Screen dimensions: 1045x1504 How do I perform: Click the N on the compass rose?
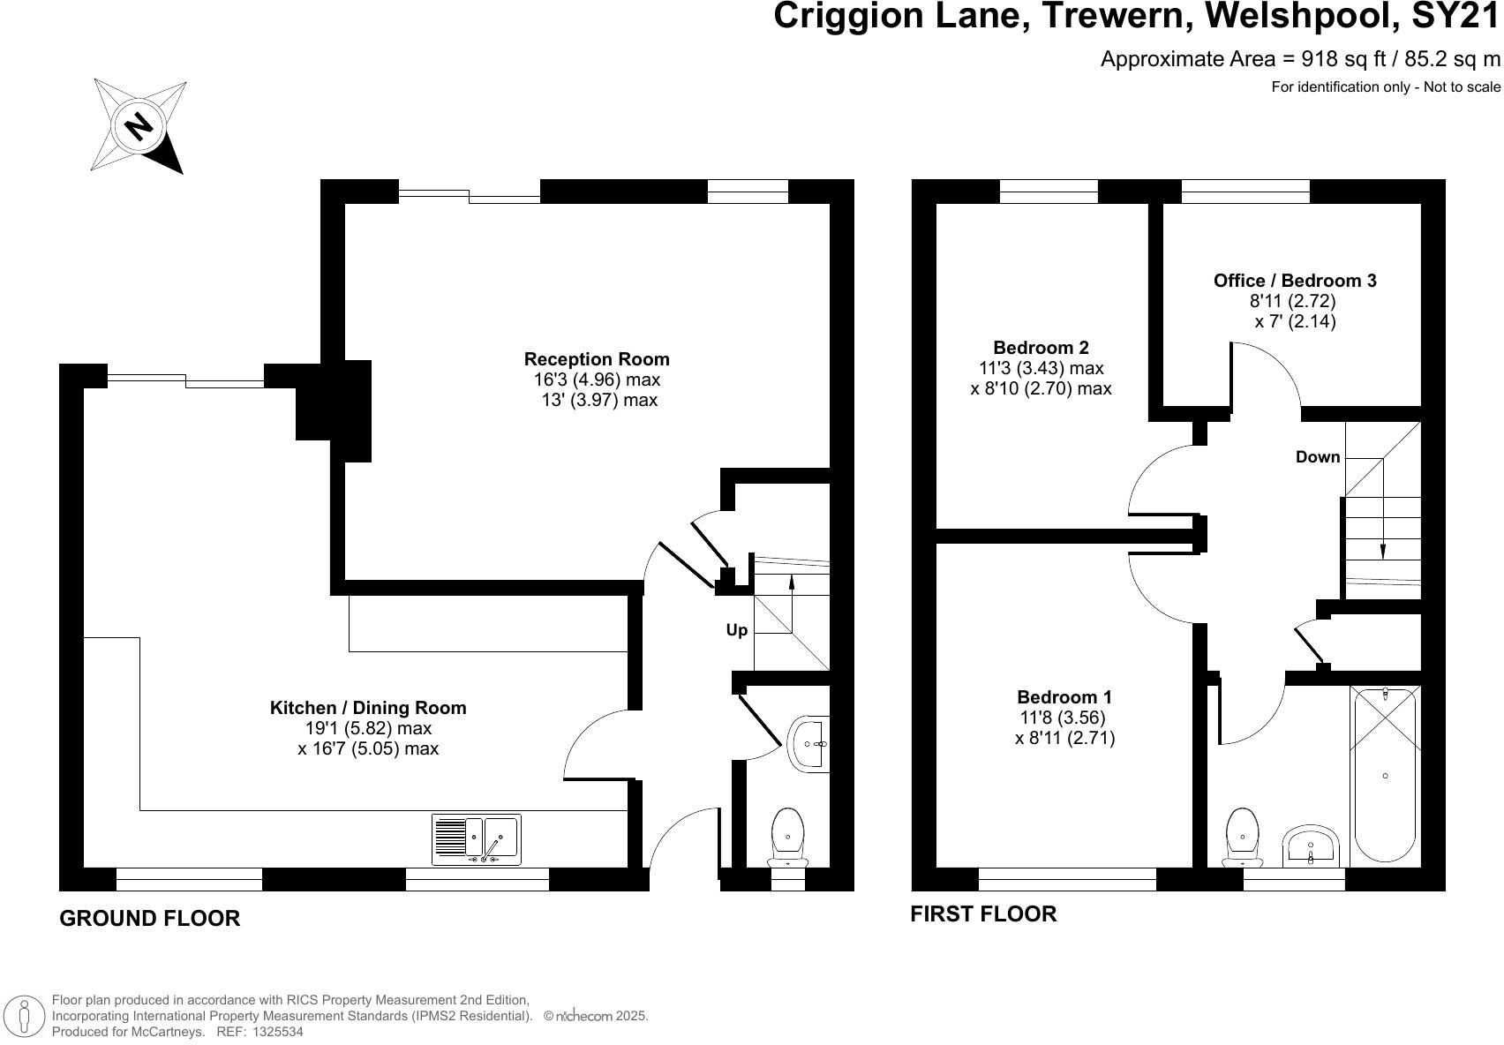(139, 125)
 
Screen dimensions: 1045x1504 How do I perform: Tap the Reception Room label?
(597, 359)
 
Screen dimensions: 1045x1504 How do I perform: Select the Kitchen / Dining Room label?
(367, 708)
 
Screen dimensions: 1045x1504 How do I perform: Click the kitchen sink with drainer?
(477, 839)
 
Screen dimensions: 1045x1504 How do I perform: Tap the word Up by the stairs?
(736, 630)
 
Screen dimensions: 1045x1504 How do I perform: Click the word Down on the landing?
(1317, 457)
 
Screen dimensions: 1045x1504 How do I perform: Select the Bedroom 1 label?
(1064, 696)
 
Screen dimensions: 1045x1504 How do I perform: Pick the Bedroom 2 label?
(1041, 348)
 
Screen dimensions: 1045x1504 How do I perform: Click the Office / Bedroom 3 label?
(1295, 281)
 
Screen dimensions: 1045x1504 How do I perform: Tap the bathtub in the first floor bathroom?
(1385, 775)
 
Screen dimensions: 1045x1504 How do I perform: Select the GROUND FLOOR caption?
(149, 918)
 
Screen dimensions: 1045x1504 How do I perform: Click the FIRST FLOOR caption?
(983, 913)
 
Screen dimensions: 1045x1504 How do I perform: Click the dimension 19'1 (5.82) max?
(365, 728)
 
